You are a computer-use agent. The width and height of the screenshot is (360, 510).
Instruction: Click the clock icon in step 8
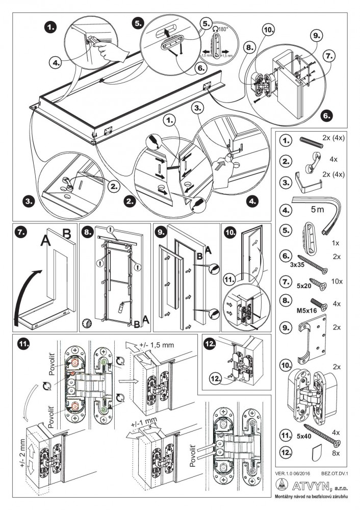click(86, 322)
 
